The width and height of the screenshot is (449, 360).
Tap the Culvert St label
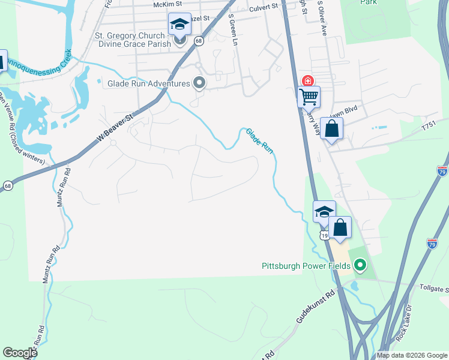pos(264,7)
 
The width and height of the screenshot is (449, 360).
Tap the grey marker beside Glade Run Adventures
pos(199,83)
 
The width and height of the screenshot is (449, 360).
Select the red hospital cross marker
pos(307,81)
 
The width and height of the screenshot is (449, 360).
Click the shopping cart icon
pos(309,95)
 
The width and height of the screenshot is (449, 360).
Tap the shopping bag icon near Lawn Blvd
pos(331,128)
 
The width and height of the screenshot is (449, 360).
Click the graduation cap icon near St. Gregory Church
pos(179,24)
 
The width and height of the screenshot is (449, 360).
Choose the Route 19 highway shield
pos(324,236)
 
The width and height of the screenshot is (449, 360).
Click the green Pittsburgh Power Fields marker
pos(360,265)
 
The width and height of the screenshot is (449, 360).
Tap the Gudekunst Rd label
pos(315,308)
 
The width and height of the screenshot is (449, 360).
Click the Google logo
pos(20,353)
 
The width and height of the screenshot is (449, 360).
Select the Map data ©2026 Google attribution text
pos(412,355)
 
